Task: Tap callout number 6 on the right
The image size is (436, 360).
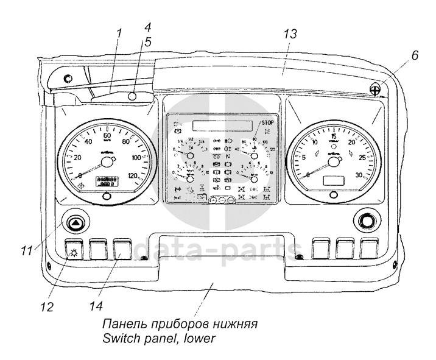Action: (x=415, y=55)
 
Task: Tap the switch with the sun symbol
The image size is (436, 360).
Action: (x=75, y=250)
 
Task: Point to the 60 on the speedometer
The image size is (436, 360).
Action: (x=107, y=136)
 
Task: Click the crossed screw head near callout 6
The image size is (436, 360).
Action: (x=378, y=88)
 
